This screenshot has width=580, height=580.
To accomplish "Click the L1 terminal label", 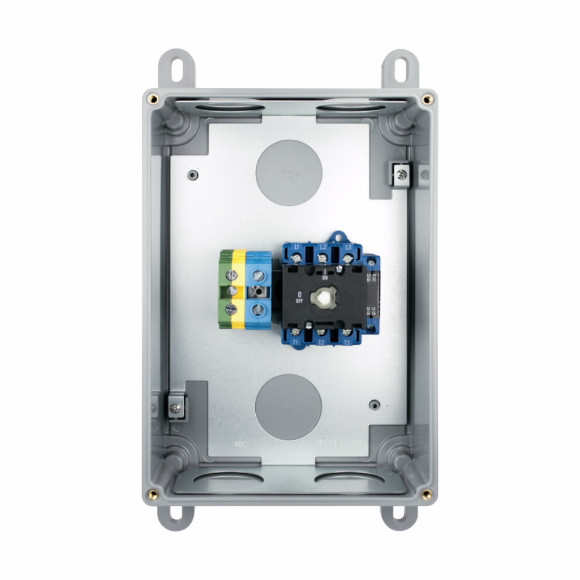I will tap(297, 248).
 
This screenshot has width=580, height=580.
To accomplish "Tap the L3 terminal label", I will tap(348, 248).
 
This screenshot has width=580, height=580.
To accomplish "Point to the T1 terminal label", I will tap(295, 342).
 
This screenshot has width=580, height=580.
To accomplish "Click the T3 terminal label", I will tap(346, 342).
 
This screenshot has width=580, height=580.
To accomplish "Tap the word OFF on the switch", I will tap(299, 300).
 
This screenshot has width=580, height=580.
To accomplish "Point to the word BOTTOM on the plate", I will tap(339, 444).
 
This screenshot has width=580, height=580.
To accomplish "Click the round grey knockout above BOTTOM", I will tap(288, 406).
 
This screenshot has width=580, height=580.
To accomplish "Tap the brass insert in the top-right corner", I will tap(427, 99).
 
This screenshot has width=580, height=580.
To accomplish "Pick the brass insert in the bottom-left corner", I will tap(153, 494).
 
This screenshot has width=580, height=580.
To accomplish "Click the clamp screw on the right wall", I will tap(400, 172).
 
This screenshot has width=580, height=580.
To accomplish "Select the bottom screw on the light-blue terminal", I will tap(258, 309).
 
